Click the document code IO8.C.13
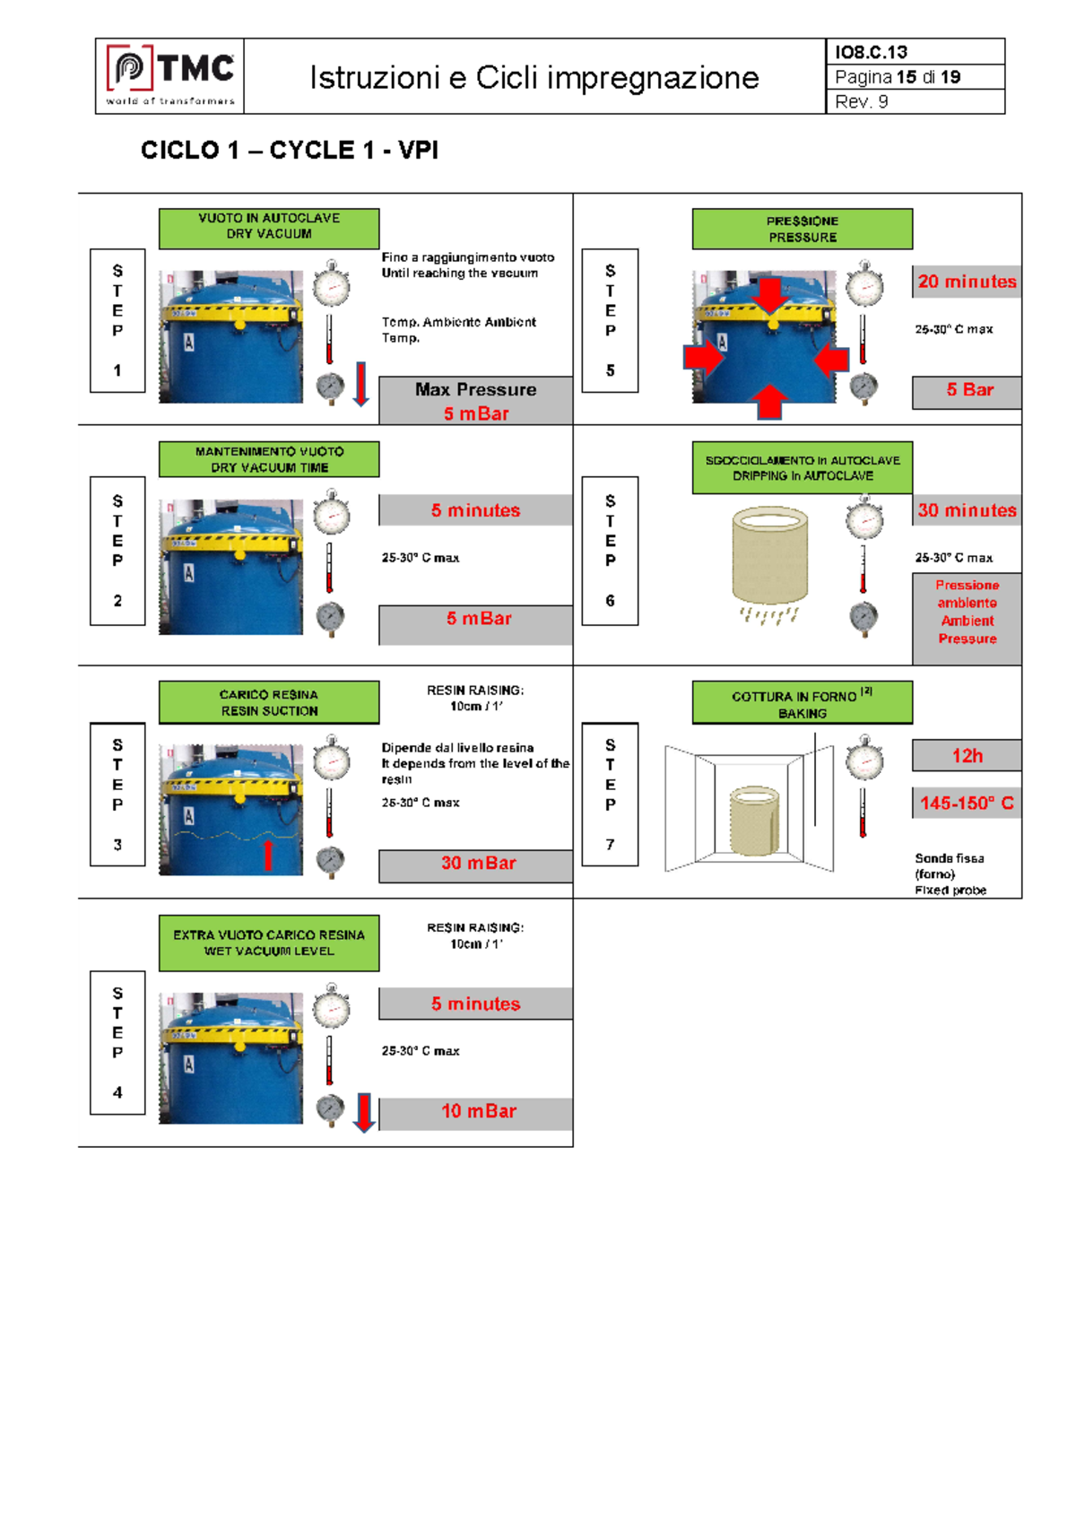871,52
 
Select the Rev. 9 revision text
861,101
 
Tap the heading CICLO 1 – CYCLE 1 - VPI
289,150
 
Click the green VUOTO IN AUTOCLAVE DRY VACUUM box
269,228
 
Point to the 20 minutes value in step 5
967,282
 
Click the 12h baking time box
967,756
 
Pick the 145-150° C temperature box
967,804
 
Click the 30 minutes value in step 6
967,510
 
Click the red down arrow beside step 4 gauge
363,1112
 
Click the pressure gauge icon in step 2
330,618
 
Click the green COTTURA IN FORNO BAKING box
802,703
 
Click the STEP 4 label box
117,1042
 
